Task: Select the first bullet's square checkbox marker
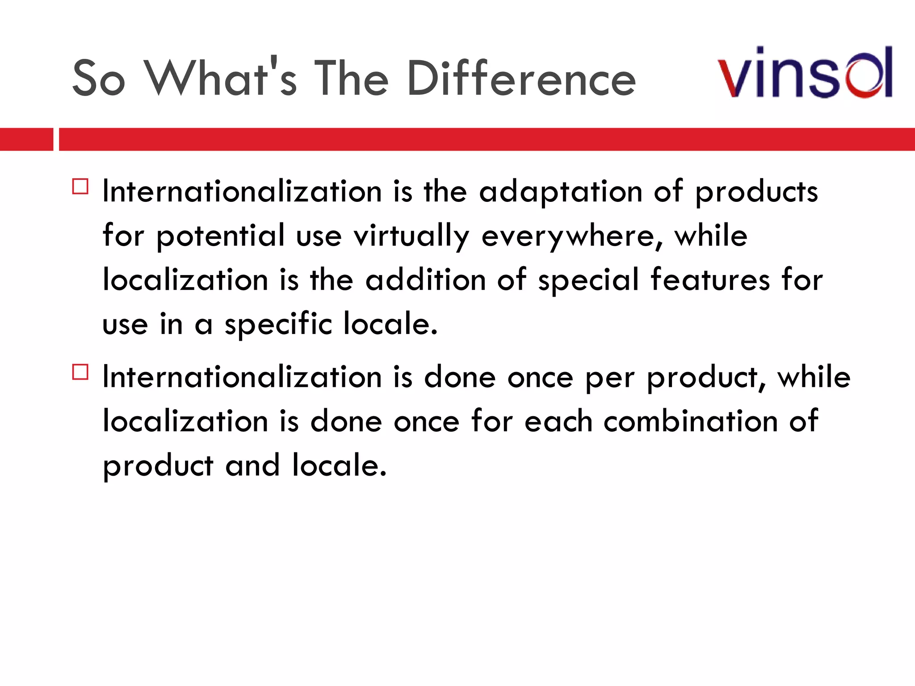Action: pyautogui.click(x=80, y=186)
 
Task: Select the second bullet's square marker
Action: pyautogui.click(x=80, y=372)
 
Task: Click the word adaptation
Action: pyautogui.click(x=561, y=192)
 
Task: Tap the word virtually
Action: pyautogui.click(x=411, y=236)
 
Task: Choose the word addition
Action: pyautogui.click(x=425, y=280)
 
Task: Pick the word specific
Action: pyautogui.click(x=278, y=324)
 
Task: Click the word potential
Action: pyautogui.click(x=220, y=236)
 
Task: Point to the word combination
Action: pyautogui.click(x=691, y=421)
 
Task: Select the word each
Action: pyautogui.click(x=558, y=421)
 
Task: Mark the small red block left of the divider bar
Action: pyautogui.click(x=26, y=139)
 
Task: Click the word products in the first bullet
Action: pyautogui.click(x=756, y=192)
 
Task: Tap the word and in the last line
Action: pyautogui.click(x=252, y=465)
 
